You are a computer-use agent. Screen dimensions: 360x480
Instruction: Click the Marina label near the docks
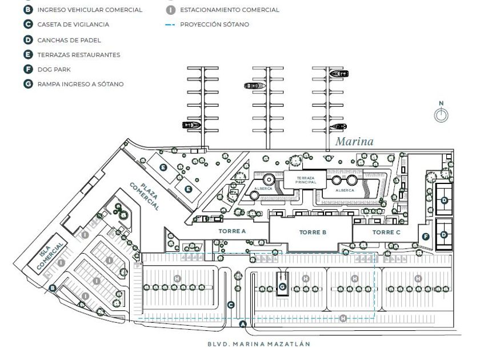pos(354,141)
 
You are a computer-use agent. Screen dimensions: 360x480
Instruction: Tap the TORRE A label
pos(232,231)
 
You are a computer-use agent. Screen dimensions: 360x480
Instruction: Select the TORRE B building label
pos(313,233)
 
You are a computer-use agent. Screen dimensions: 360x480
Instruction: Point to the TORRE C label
pos(386,232)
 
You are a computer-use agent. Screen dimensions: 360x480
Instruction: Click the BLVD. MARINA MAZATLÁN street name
pos(258,345)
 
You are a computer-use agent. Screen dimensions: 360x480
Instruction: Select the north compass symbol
pos(441,114)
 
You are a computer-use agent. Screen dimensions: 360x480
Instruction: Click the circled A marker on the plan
pos(242,325)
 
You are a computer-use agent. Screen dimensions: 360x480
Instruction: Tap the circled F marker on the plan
pos(425,237)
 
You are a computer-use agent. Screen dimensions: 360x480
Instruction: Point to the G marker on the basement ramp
pos(282,286)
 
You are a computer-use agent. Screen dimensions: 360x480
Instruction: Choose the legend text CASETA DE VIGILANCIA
pos(73,25)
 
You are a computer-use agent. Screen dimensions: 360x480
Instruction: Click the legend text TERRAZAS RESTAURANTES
pos(79,54)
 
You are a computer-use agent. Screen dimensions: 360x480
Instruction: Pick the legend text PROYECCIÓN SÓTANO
pos(214,25)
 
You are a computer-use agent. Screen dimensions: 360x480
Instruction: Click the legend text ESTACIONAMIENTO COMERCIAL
pos(230,10)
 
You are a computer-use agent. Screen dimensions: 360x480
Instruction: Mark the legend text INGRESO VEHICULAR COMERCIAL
pos(90,10)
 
